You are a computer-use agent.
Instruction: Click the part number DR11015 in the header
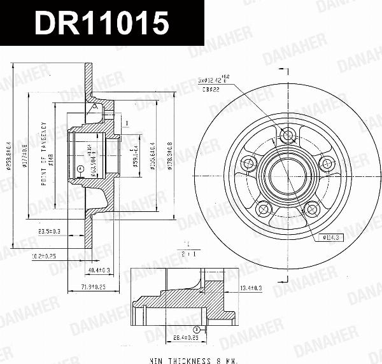point(102,24)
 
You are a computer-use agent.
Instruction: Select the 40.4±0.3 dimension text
point(97,270)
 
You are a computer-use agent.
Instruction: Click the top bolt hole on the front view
point(286,134)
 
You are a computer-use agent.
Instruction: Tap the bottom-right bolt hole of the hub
point(311,207)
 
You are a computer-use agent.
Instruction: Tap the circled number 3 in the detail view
point(197,330)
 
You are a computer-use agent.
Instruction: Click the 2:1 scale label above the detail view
point(187,253)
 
